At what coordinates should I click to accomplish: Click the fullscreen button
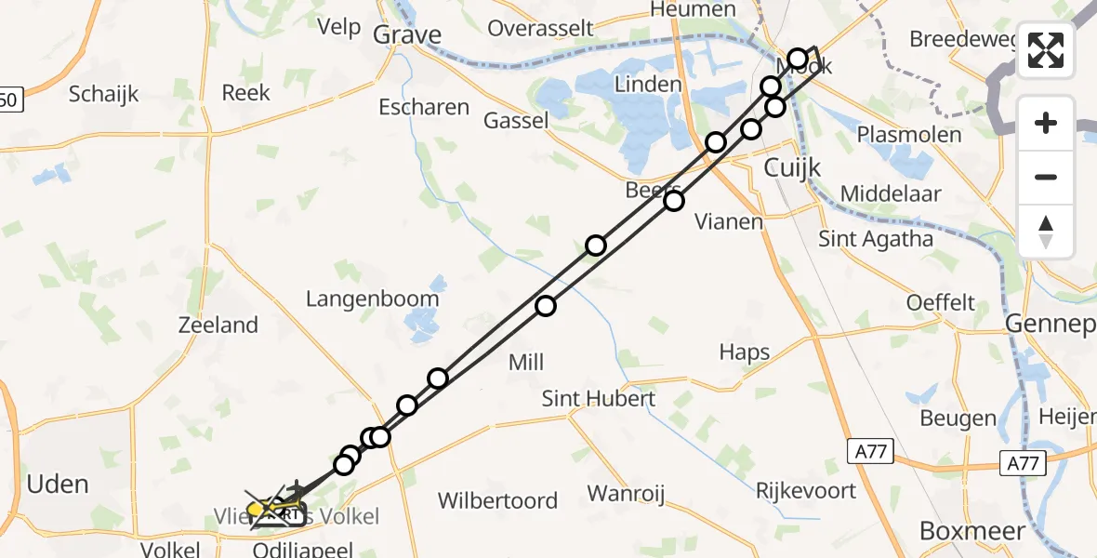pyautogui.click(x=1046, y=49)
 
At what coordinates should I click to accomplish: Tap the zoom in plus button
pyautogui.click(x=1046, y=123)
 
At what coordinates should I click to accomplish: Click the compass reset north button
pyautogui.click(x=1046, y=231)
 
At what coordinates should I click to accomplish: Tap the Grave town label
pyautogui.click(x=406, y=35)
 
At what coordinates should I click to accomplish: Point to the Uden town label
pyautogui.click(x=58, y=485)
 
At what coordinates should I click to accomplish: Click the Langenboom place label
pyautogui.click(x=373, y=299)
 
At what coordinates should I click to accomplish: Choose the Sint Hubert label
pyautogui.click(x=600, y=399)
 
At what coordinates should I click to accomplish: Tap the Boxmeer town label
pyautogui.click(x=972, y=531)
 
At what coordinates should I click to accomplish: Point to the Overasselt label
pyautogui.click(x=540, y=28)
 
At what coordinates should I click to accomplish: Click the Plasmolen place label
pyautogui.click(x=909, y=135)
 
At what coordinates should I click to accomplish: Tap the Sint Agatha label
pyautogui.click(x=876, y=239)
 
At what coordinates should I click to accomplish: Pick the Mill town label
pyautogui.click(x=525, y=363)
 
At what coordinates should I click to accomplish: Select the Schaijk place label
pyautogui.click(x=104, y=94)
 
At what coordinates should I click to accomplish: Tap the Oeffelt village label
pyautogui.click(x=941, y=303)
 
